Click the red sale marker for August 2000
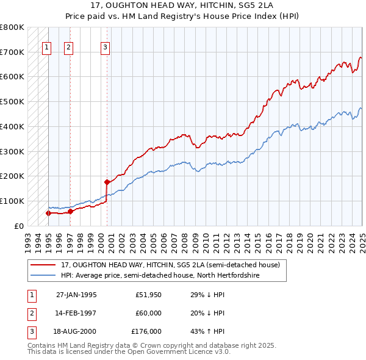tap(107, 182)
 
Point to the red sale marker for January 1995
tap(48, 213)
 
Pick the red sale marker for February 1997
tap(70, 211)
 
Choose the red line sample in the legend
tap(43, 265)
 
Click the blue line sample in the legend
tap(43, 276)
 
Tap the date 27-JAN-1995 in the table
tap(76, 295)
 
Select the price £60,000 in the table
tap(148, 313)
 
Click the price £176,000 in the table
tap(146, 331)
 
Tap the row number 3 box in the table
tap(30, 331)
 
